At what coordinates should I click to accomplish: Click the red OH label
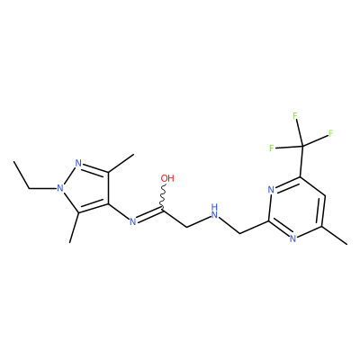(167, 178)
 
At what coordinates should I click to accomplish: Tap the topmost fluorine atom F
(295, 115)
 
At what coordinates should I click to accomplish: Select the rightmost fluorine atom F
(331, 133)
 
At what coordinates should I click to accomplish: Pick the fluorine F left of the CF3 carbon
(272, 148)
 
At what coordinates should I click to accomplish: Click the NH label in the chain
(214, 211)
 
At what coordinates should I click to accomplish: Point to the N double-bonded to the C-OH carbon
(132, 221)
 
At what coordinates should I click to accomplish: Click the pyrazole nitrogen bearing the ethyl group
(60, 188)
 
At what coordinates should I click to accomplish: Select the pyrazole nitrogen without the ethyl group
(78, 164)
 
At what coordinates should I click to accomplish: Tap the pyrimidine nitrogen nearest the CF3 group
(272, 190)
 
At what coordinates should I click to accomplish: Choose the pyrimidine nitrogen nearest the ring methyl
(293, 238)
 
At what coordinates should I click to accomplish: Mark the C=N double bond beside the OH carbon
(149, 214)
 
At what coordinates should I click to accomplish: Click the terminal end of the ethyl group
(13, 162)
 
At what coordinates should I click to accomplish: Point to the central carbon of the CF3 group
(302, 147)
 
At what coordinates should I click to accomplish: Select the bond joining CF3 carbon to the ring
(301, 162)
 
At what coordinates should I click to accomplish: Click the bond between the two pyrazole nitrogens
(68, 176)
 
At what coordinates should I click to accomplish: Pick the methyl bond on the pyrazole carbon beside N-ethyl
(74, 228)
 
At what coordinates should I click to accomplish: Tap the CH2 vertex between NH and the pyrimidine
(240, 233)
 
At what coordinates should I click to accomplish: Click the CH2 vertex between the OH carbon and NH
(187, 227)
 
